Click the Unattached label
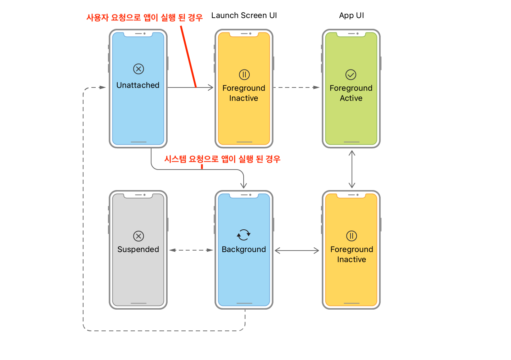click(x=138, y=85)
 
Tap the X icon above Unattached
click(x=139, y=69)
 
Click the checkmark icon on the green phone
click(x=351, y=75)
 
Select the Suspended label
click(x=138, y=249)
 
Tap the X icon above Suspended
click(x=139, y=236)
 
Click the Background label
click(x=244, y=249)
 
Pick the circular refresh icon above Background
click(x=244, y=235)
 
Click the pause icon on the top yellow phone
click(x=244, y=75)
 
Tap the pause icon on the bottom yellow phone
click(x=352, y=236)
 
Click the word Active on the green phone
click(x=351, y=98)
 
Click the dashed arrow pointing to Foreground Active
click(x=297, y=87)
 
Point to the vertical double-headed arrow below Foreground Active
click(x=352, y=169)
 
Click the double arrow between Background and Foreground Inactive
click(x=297, y=251)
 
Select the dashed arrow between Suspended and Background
click(x=191, y=250)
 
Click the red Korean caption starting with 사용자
click(x=144, y=17)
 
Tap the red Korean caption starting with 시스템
click(x=222, y=159)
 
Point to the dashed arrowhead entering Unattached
click(x=103, y=87)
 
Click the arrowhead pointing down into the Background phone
click(x=244, y=185)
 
